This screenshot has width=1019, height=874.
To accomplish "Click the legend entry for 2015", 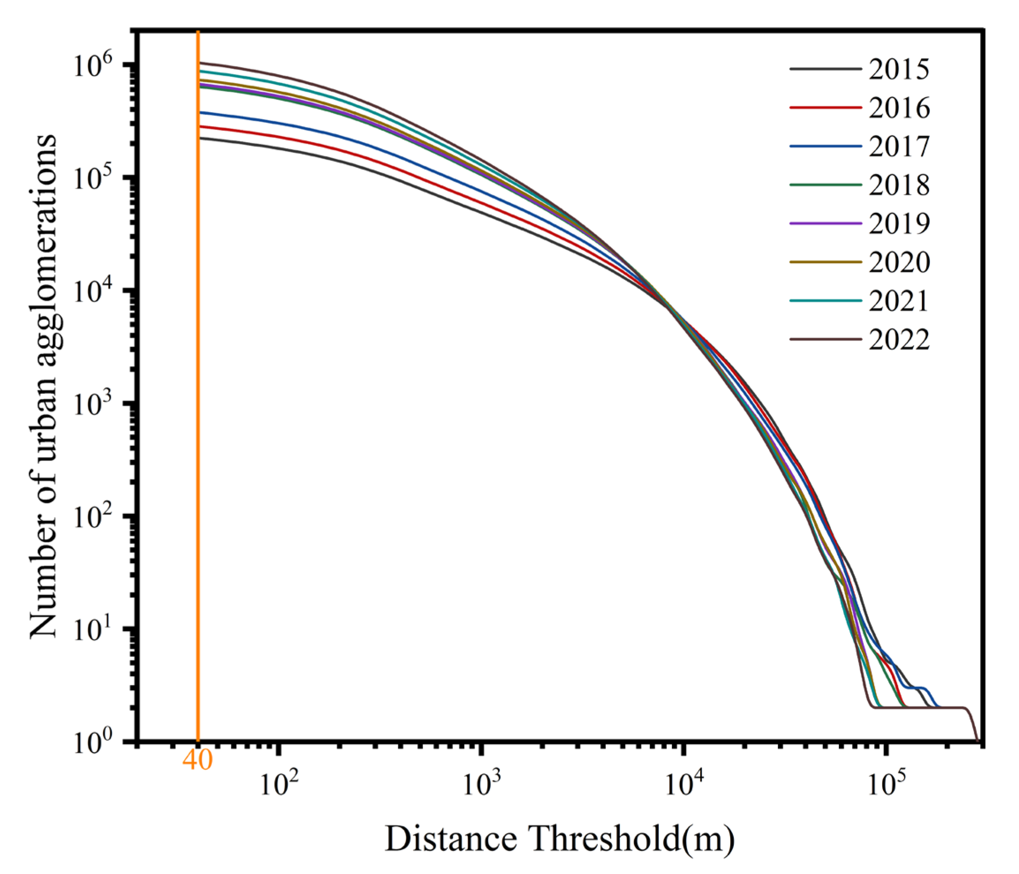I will coord(898,69).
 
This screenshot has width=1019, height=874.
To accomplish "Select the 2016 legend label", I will coord(898,108).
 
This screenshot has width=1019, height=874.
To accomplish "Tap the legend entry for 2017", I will coord(898,146).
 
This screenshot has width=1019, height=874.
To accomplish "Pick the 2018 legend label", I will coord(898,185).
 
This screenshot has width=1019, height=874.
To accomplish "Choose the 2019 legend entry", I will coord(898,224).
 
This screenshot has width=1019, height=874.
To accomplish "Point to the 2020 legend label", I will coord(898,263).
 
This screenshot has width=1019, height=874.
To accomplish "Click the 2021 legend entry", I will coord(898,301).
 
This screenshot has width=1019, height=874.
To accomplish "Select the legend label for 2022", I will coord(898,340).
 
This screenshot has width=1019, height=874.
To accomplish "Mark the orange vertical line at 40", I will coord(198,393).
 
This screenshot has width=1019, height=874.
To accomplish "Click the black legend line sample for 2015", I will coord(825,69).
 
